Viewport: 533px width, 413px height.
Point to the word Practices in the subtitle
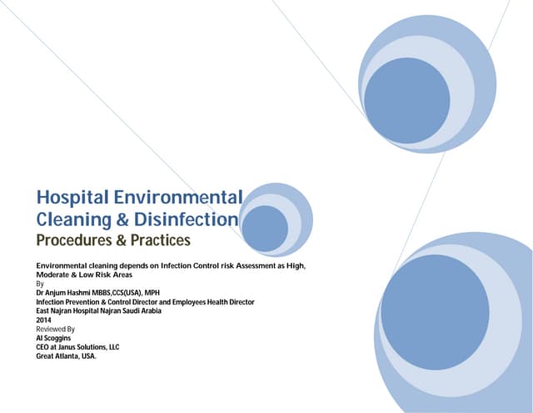point(157,241)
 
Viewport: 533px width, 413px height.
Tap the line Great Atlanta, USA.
point(67,356)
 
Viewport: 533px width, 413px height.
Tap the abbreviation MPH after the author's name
point(152,293)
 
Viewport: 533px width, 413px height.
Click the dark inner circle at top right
point(407,100)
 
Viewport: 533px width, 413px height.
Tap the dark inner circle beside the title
point(266,229)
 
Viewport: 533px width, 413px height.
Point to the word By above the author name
point(40,284)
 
